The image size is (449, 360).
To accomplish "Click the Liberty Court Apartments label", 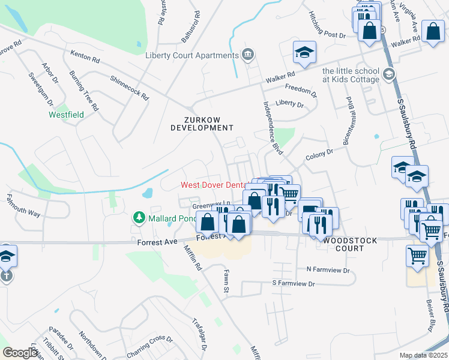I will pos(192,56).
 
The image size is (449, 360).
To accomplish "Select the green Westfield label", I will pos(65,114).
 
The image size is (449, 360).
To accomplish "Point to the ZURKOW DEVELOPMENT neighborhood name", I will pos(202,124).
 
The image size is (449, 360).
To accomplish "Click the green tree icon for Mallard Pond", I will pos(139,217).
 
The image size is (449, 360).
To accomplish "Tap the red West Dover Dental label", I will pos(215,185).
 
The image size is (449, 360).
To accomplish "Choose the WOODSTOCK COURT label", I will pos(351,244).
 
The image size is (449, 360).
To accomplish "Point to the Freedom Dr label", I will pos(301,91).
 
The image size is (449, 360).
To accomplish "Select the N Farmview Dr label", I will pos(328,269).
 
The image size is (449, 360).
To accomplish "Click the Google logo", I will pos(20,353).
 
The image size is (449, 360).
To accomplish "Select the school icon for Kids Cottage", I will pos(389,74).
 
